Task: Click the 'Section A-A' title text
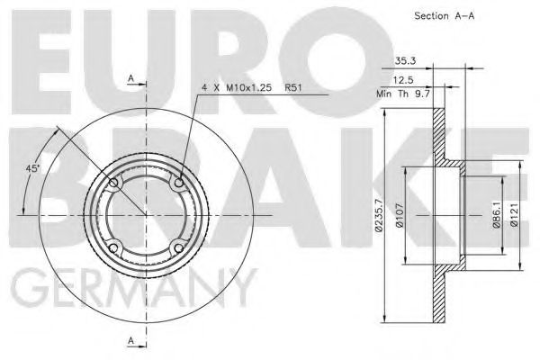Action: tap(443, 15)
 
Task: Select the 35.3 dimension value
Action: tap(404, 62)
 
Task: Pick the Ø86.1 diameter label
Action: tap(496, 215)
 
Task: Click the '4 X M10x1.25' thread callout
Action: tap(237, 87)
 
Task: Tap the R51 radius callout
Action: tap(293, 87)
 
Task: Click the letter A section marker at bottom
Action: tap(131, 340)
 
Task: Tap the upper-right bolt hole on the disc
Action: tap(179, 184)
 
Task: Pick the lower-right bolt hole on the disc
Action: tap(178, 248)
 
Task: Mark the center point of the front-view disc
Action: tap(146, 216)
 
